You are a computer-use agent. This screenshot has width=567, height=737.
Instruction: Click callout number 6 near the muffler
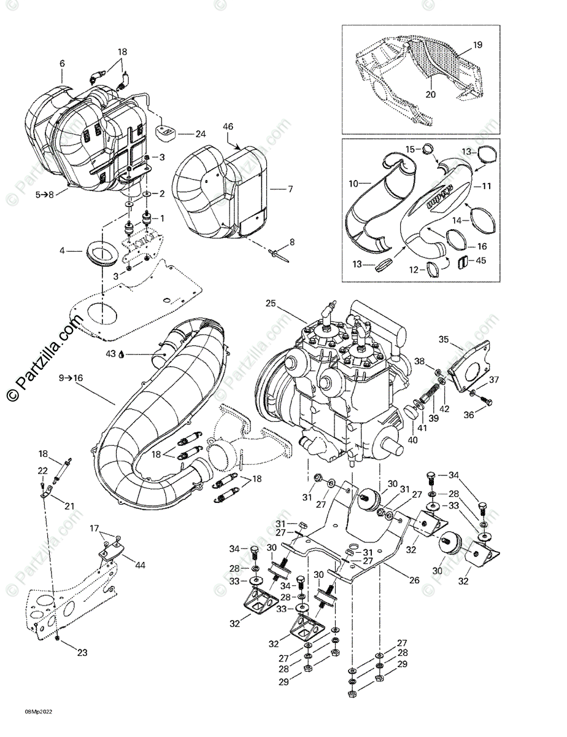coord(61,63)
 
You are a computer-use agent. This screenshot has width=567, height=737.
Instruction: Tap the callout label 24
coord(201,134)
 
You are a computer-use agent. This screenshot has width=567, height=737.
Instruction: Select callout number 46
coord(228,127)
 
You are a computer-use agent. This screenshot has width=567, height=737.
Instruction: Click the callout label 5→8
coord(45,195)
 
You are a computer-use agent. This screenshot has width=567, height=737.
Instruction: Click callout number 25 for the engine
coord(271,303)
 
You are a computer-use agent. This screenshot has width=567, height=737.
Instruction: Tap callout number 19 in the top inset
coord(478,45)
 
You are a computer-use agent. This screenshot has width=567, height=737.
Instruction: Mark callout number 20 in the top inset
coord(431,95)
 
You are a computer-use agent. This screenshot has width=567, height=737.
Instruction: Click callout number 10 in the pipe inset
coord(353,184)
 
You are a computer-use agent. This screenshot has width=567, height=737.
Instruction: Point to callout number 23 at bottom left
coord(82,653)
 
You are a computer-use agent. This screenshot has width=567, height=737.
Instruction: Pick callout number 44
coord(141,564)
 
